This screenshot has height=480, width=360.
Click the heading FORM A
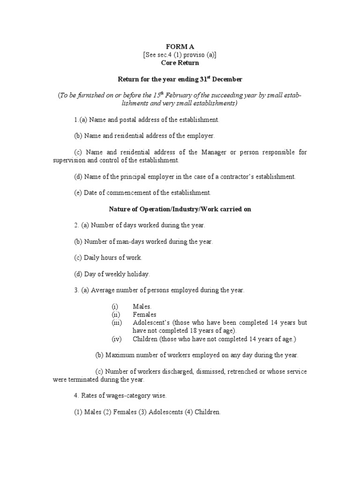pos(180,46)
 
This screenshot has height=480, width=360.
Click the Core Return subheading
pos(180,62)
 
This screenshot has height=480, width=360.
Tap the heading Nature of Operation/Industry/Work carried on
pos(180,209)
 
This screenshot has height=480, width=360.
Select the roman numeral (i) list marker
pos(114,307)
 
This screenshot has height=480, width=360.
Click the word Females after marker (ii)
pos(144,315)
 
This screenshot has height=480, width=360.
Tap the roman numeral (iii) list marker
pos(116,323)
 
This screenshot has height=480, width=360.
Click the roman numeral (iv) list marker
pos(116,339)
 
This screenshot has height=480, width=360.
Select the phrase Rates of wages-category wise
pos(124,396)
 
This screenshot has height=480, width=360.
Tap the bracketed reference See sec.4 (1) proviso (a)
pos(180,54)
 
